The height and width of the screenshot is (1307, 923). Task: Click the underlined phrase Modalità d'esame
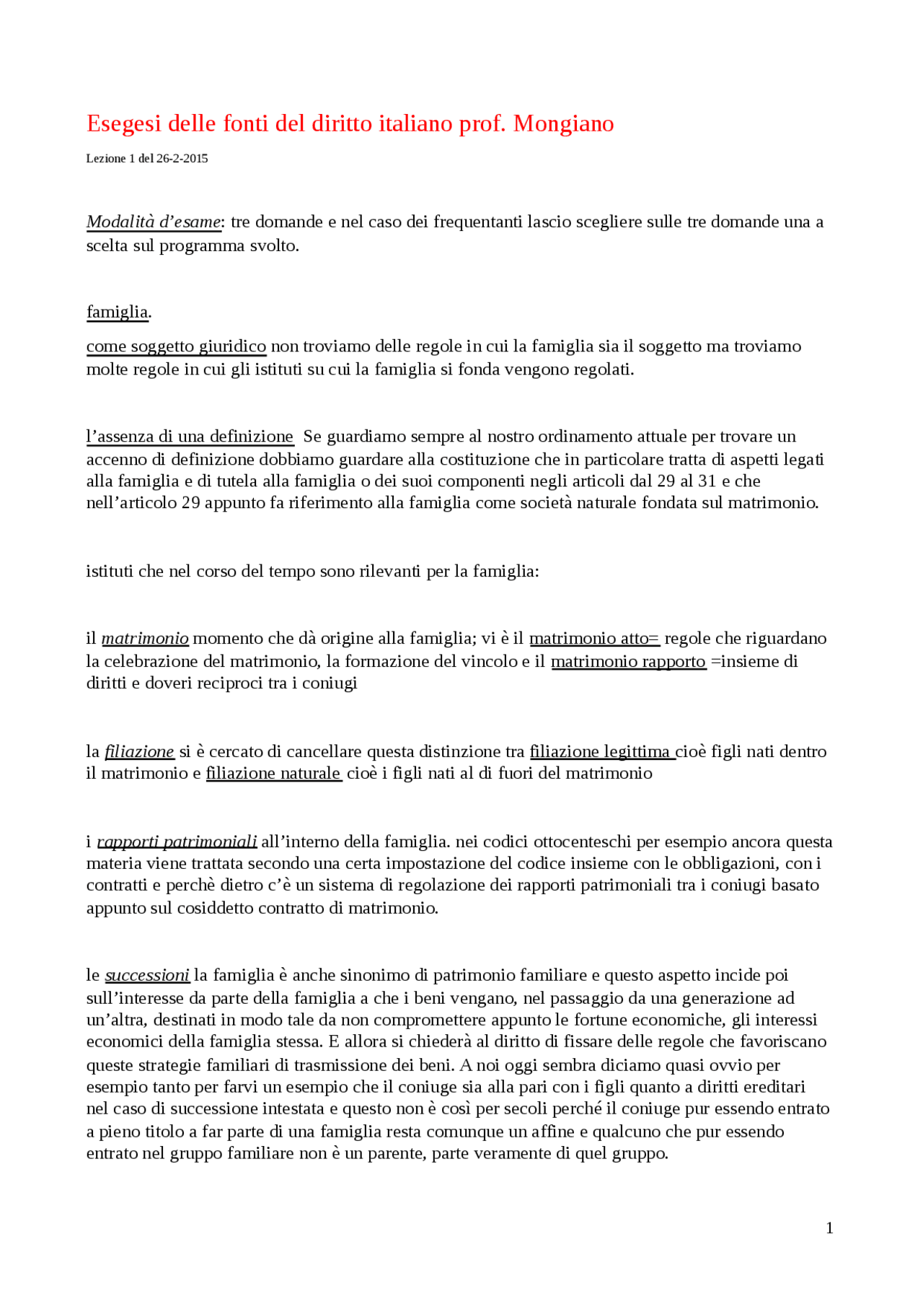coord(154,222)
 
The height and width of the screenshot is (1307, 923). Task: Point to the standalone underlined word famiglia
coord(118,312)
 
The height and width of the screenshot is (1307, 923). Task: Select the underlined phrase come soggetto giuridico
coord(176,346)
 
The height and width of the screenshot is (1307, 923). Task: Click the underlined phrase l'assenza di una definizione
coord(190,437)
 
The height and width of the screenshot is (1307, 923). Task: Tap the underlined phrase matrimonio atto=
coord(594,639)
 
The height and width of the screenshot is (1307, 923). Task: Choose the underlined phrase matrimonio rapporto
coord(628,662)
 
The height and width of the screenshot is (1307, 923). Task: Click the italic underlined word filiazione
coord(139,752)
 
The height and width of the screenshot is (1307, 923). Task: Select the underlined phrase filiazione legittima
coord(601,752)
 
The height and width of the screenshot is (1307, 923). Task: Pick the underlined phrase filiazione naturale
coord(273,774)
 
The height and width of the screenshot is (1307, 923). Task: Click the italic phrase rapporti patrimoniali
coord(177,842)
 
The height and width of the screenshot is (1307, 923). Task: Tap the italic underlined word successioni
coord(147,976)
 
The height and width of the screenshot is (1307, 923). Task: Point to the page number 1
coord(829,1228)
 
